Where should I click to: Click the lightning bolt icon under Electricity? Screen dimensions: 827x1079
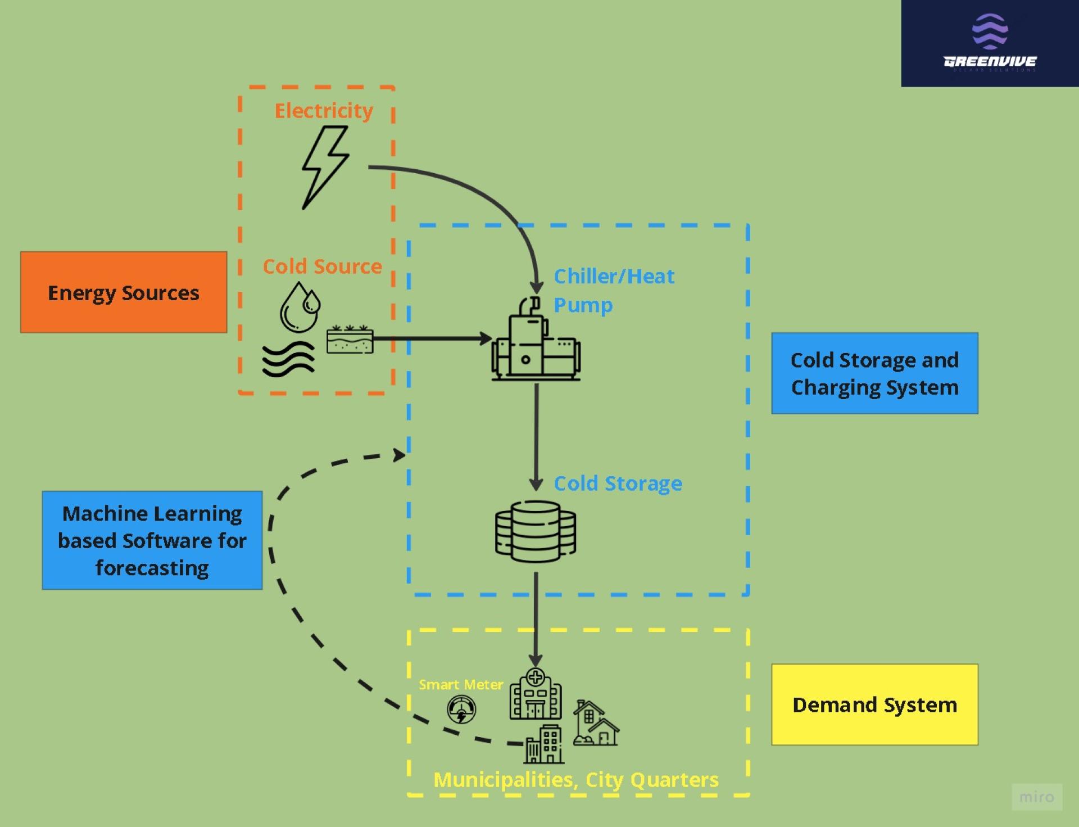click(x=325, y=168)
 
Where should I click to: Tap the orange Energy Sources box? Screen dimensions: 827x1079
click(x=124, y=292)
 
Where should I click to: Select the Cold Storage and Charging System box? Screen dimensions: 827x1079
click(x=874, y=373)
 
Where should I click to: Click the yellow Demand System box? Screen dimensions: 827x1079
click(x=874, y=704)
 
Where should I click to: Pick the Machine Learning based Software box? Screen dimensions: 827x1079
click(x=152, y=540)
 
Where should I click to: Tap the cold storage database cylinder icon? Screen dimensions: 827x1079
click(x=536, y=531)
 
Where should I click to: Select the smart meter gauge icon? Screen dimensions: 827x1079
click(x=461, y=709)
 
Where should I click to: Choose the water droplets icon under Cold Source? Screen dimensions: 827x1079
click(x=300, y=306)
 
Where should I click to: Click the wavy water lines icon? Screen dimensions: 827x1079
click(x=288, y=360)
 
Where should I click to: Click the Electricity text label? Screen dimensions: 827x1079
click(x=324, y=110)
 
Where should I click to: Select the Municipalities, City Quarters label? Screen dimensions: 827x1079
click(x=576, y=780)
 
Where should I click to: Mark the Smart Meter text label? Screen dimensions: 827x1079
click(x=461, y=684)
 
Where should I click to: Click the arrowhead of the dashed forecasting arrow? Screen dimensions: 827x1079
click(x=400, y=454)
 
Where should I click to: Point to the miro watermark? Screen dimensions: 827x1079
click(x=1037, y=797)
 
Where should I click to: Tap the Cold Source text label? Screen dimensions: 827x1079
click(x=322, y=266)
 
